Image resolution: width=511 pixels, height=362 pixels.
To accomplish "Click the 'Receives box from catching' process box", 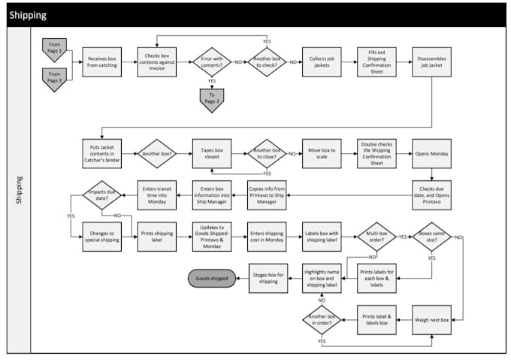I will coord(101,62).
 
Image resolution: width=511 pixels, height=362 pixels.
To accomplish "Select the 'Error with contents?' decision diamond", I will coord(211,62).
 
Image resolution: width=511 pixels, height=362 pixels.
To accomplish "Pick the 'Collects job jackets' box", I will coord(322,62).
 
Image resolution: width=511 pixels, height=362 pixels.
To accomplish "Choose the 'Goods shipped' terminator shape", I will coord(212,279).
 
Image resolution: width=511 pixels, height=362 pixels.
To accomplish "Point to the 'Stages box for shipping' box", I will coord(268,279).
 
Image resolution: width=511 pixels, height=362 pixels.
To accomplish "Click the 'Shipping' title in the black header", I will coord(29,14).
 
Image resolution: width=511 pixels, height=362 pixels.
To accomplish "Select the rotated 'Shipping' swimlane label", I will coord(18,191).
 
